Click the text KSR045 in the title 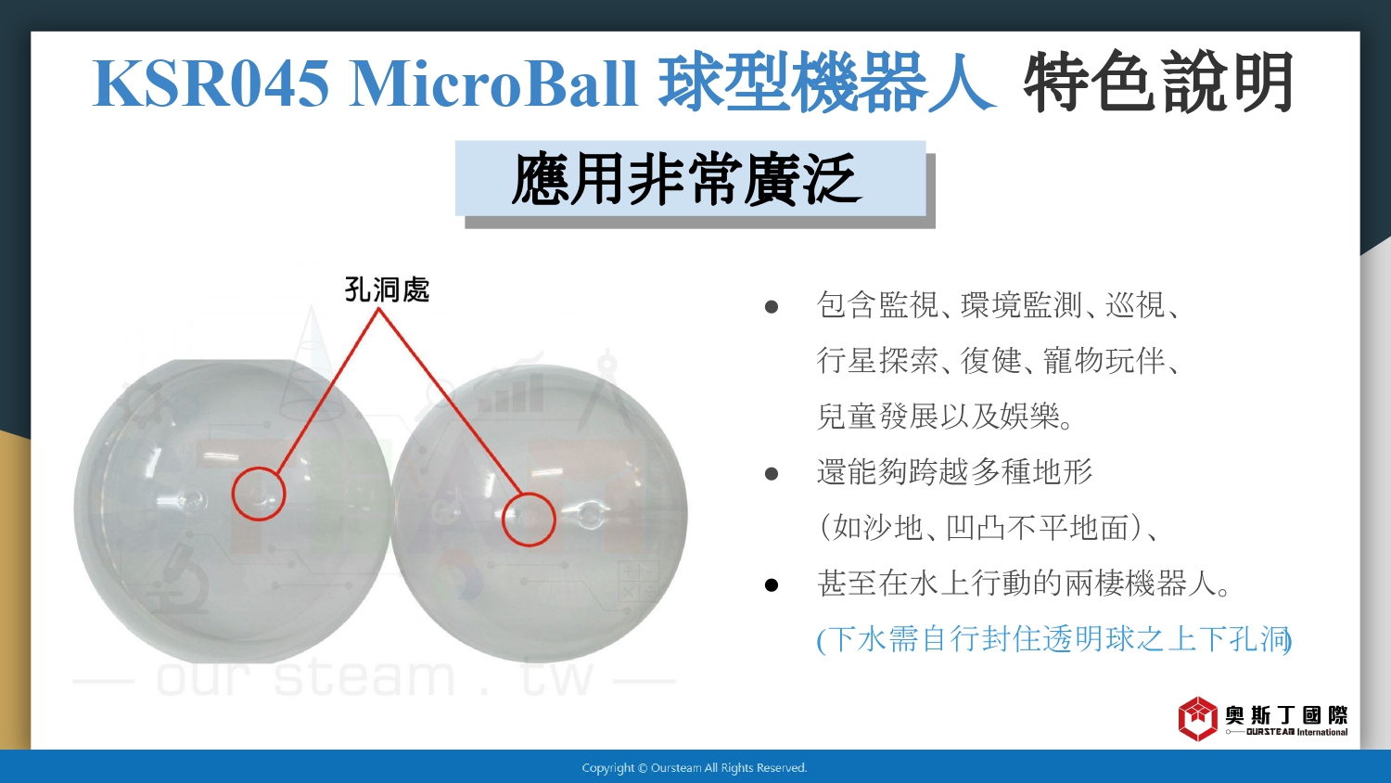[211, 83]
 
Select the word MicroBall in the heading [493, 83]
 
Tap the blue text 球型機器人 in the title [826, 82]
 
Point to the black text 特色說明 [1159, 82]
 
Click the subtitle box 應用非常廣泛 [691, 179]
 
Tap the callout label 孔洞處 [387, 289]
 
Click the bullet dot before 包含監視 [772, 307]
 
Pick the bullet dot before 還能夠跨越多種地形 [772, 474]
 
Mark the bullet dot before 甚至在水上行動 [772, 585]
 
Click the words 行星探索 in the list [877, 361]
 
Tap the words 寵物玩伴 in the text [1104, 361]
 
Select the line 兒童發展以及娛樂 [945, 416]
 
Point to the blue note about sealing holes [1054, 639]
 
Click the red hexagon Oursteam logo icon [1198, 719]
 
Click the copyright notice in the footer [695, 768]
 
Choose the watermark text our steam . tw [375, 677]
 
